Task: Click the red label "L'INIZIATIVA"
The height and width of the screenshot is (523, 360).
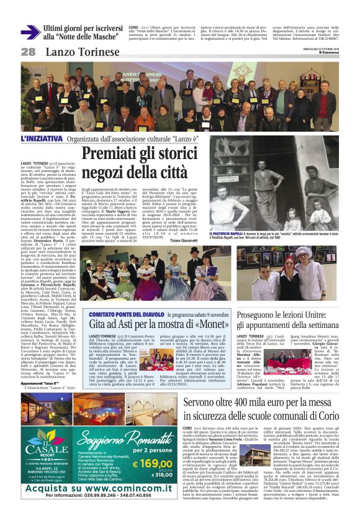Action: pyautogui.click(x=42, y=139)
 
